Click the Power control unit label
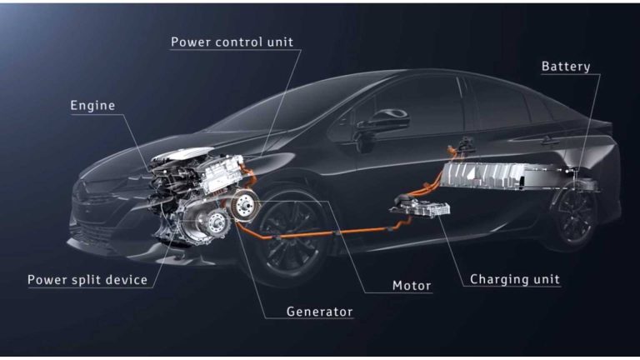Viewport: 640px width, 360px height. pyautogui.click(x=232, y=42)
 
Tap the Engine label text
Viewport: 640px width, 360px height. pyautogui.click(x=92, y=106)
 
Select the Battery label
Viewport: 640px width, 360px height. pyautogui.click(x=566, y=67)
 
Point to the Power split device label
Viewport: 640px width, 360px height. pyautogui.click(x=87, y=280)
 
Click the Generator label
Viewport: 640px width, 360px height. pyautogui.click(x=320, y=312)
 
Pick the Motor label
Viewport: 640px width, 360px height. pyautogui.click(x=412, y=286)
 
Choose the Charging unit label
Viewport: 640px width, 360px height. pyautogui.click(x=515, y=280)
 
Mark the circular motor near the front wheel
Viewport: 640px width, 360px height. pyautogui.click(x=245, y=206)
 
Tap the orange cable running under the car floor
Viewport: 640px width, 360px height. pyautogui.click(x=327, y=234)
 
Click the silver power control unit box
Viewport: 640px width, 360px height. pyautogui.click(x=220, y=173)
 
